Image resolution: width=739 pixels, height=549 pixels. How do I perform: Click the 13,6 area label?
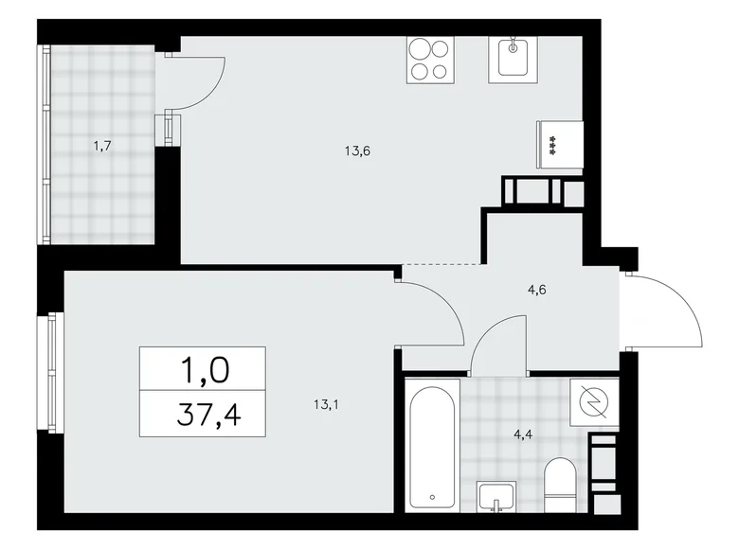coord(356,149)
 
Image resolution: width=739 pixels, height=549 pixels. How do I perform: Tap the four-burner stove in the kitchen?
coord(429,59)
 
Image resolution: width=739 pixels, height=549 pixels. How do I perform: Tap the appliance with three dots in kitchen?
coord(552,146)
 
